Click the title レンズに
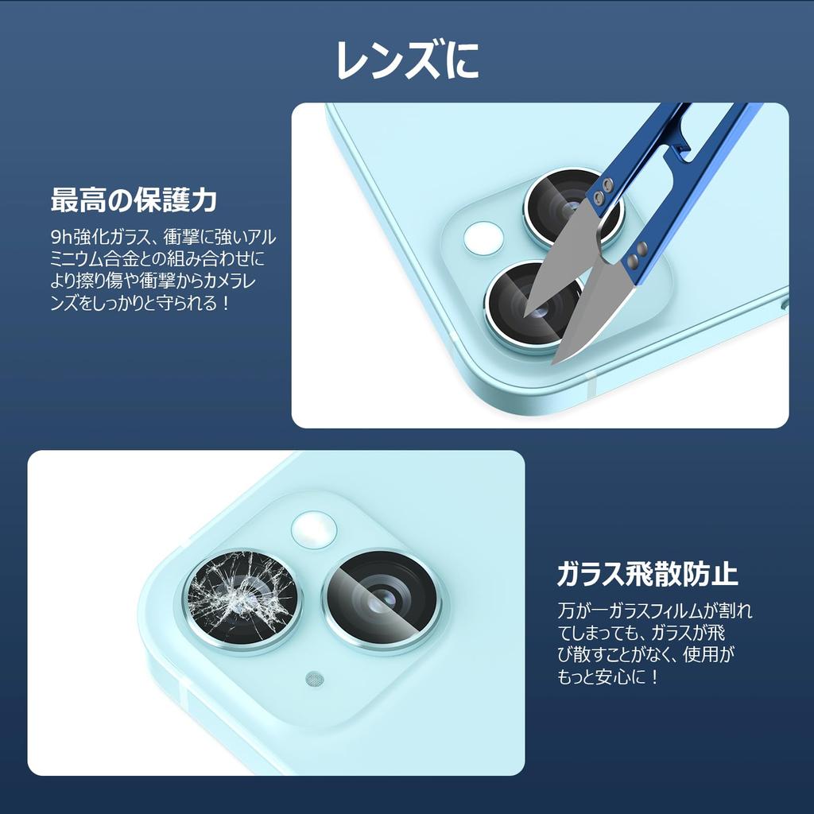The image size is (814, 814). click(407, 60)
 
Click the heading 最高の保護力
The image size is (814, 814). click(134, 200)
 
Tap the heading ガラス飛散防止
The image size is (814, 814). click(648, 572)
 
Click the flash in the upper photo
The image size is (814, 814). click(483, 238)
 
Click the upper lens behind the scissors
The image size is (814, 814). click(566, 208)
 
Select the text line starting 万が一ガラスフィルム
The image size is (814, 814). click(654, 611)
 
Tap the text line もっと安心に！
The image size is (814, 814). click(609, 678)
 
